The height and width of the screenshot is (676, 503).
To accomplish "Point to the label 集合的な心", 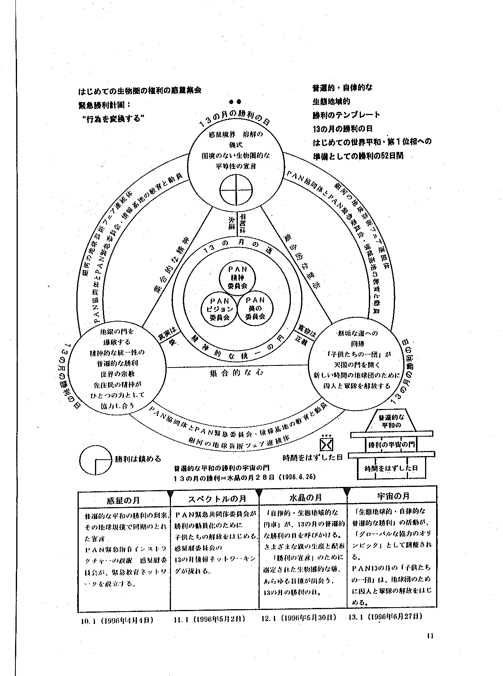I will [237, 373].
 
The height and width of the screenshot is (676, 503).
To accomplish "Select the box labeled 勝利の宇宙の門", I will [391, 444].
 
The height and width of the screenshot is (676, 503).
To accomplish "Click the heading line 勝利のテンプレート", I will [346, 115].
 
